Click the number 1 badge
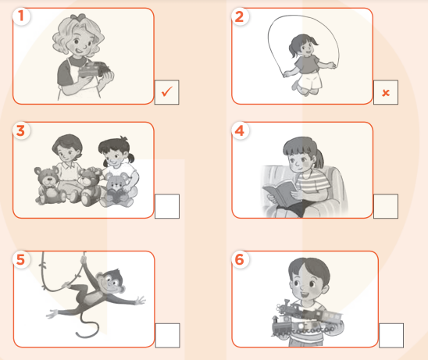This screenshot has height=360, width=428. coord(21,16)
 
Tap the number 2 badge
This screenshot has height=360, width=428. coord(240,16)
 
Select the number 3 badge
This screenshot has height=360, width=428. coord(21,130)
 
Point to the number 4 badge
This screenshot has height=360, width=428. coord(240,130)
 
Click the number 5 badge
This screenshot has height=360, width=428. coord(21,259)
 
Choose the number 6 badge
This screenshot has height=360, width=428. coord(240,259)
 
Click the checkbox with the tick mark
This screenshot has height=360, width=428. coord(167,92)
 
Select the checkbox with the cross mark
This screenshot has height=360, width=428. coord(386,92)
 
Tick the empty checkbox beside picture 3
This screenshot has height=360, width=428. coord(167,206)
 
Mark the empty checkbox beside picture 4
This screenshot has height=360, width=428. coord(386,206)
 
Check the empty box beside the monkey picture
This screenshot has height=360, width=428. coord(168,336)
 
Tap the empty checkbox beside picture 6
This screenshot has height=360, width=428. coord(391,336)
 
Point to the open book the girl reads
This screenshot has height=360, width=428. coord(280,193)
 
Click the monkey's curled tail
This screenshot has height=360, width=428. coord(88,326)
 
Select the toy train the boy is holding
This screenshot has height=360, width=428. coord(307,318)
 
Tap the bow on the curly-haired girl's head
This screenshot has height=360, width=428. coord(78,16)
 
